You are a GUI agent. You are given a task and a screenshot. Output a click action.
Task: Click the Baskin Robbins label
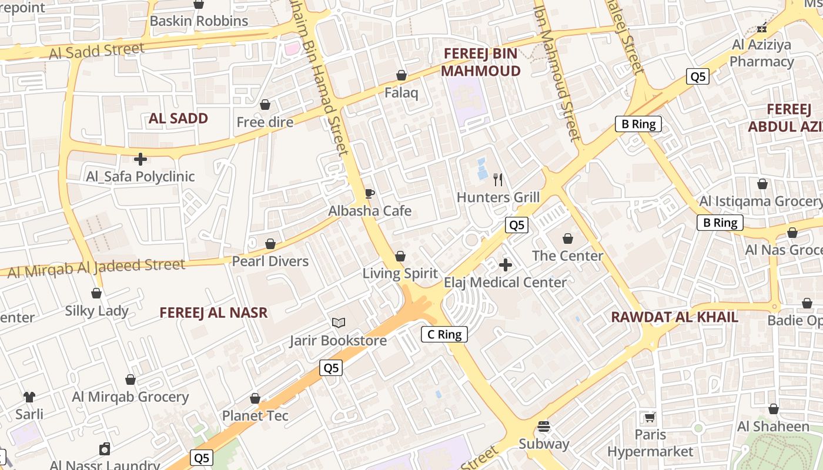[x=199, y=21]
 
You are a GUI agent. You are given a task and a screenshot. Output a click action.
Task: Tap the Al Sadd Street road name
[x=96, y=51]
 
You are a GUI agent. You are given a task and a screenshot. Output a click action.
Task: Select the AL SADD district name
[x=178, y=118]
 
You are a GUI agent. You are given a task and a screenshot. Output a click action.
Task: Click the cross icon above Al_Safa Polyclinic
[x=140, y=159]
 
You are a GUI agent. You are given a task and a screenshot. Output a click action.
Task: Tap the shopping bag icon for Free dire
[x=265, y=105]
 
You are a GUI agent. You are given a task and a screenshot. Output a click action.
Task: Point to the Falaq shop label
[x=401, y=93]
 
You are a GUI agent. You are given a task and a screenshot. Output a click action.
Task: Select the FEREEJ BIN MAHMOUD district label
[x=480, y=62]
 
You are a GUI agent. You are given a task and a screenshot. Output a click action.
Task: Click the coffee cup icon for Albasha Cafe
[x=370, y=194]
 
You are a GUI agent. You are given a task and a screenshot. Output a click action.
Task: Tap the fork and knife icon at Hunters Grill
[x=498, y=180]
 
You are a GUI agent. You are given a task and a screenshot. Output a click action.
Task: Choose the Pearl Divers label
[x=270, y=261]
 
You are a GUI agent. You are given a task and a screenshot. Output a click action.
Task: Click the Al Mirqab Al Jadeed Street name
[x=97, y=267]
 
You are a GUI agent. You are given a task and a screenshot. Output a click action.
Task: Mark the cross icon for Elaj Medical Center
[x=505, y=265]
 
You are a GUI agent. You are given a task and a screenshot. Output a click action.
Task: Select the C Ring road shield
[x=444, y=334]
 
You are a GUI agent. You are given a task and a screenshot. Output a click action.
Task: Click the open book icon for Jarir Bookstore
[x=338, y=323]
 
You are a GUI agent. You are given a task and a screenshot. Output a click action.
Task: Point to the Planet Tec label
[x=255, y=416]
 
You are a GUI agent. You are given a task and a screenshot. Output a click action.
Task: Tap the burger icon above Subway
[x=544, y=427]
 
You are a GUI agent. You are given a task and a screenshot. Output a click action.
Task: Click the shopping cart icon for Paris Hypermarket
[x=650, y=418]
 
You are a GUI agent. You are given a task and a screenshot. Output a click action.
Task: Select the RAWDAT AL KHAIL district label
[x=674, y=317]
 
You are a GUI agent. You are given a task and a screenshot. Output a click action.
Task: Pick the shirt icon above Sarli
[x=29, y=397]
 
